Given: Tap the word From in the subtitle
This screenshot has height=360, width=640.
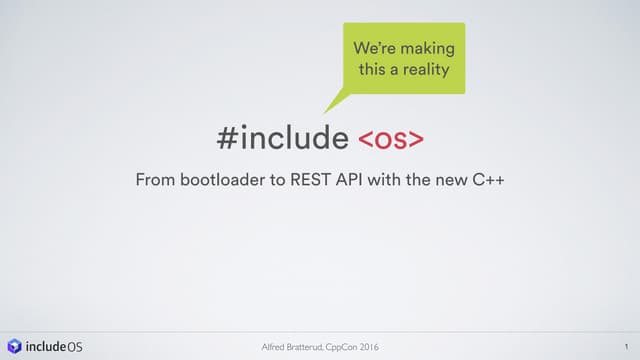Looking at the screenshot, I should pos(155,182).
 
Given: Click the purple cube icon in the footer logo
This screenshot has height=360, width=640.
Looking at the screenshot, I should pos(14,346).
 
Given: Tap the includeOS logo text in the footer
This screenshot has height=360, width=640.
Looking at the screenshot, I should pos(54,346).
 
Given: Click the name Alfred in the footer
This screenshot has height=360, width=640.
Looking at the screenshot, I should pos(271,346).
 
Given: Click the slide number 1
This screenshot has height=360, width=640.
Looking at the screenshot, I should pos(623,346).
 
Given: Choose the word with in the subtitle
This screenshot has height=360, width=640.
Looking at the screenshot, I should pos(392,182).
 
